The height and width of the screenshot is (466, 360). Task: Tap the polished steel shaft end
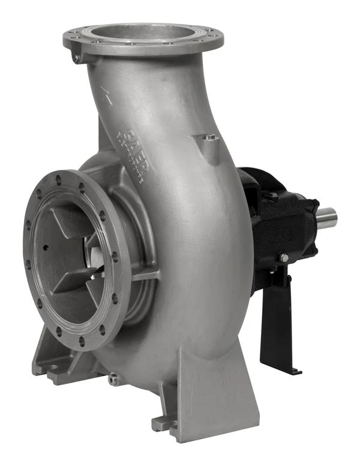click(327, 218)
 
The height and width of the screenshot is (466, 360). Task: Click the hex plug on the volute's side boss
click(208, 138)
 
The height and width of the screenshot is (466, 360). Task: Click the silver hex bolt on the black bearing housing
click(284, 258)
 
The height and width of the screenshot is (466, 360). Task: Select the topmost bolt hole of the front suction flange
click(58, 179)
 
